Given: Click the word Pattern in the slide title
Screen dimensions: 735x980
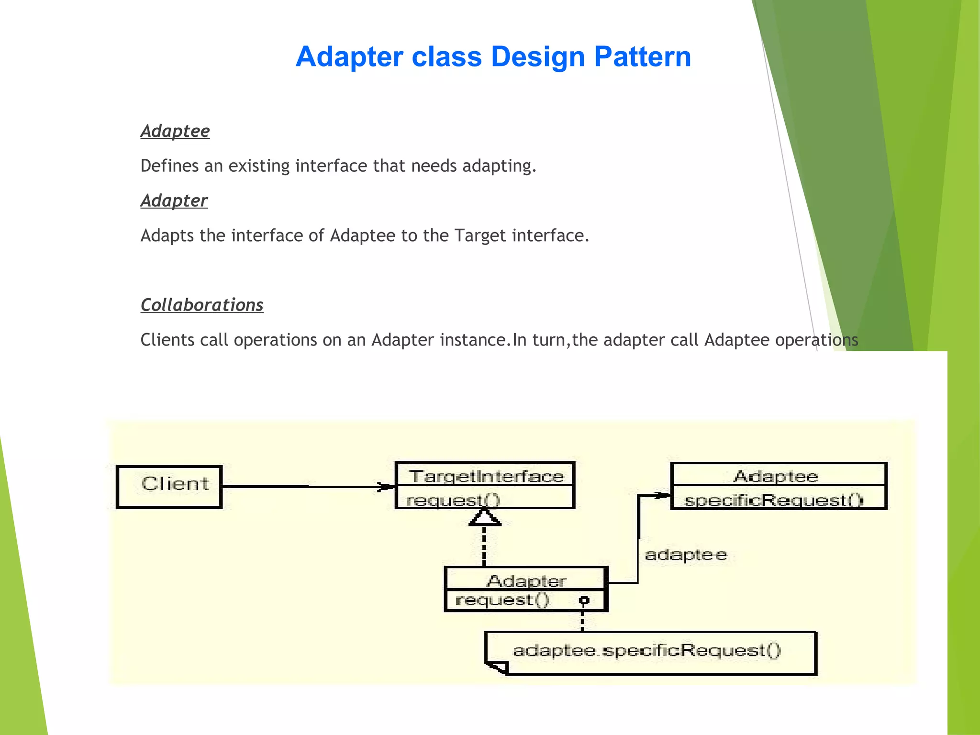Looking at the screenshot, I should tap(642, 56).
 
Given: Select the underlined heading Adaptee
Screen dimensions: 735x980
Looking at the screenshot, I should tap(175, 131).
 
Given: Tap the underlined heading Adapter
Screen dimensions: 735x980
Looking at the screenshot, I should tap(174, 200).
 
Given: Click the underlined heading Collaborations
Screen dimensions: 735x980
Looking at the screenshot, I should tap(202, 305).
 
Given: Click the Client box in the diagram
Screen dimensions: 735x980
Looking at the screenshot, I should tap(170, 486).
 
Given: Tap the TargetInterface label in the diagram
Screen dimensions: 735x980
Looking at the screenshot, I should tap(486, 476).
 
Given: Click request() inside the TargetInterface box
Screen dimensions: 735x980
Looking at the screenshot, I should tap(453, 500).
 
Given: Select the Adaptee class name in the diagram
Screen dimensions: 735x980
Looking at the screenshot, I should tap(776, 476).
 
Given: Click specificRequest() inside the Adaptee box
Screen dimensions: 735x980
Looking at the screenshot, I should tap(774, 500).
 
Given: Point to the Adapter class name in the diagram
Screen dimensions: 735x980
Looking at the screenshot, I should tap(526, 580).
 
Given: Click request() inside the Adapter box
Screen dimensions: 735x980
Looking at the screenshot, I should tap(502, 600).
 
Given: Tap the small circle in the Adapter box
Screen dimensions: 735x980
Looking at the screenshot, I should tap(584, 601).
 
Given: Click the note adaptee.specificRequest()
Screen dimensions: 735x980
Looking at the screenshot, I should tap(647, 650).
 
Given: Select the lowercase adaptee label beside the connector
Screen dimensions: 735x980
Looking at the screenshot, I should tap(685, 555).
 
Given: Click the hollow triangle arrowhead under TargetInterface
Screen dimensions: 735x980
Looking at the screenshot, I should tap(485, 518).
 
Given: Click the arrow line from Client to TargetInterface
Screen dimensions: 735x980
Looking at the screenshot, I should tap(306, 487).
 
